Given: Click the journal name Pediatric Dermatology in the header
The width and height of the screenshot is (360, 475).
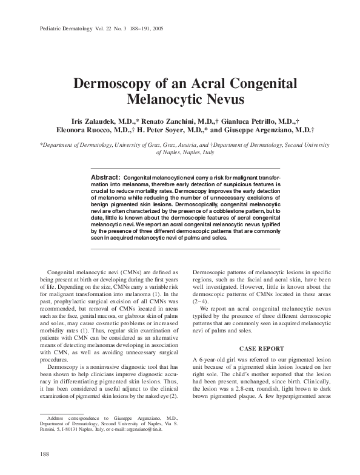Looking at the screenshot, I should (x=59, y=29).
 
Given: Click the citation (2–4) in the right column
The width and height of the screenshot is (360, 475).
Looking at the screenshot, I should (x=201, y=301).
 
